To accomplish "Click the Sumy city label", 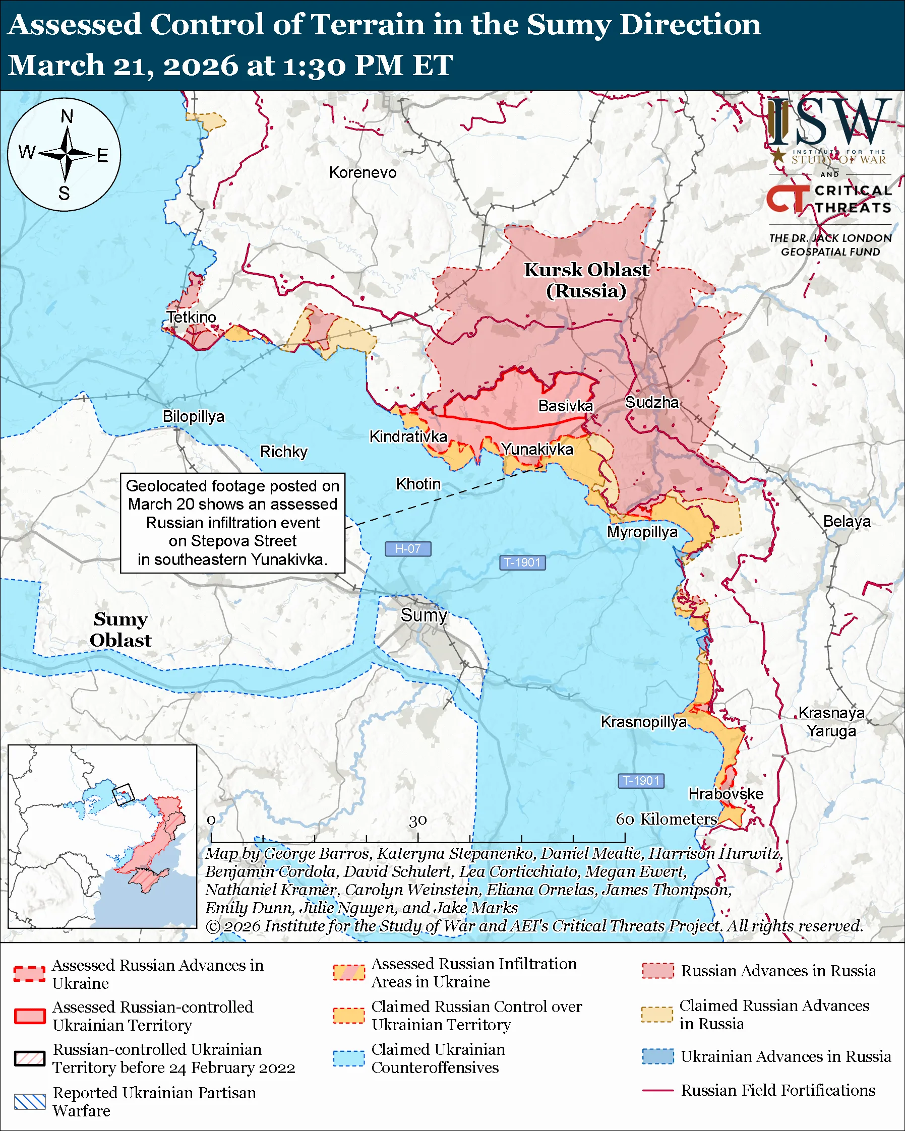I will pos(424,615).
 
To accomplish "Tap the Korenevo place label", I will pos(363,172).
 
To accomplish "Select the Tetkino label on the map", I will pos(192,318).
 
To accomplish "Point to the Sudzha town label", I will pos(651,402).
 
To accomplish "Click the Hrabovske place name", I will pos(726,794).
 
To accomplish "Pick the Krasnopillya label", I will pos(643,722).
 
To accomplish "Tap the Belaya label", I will pos(846,522).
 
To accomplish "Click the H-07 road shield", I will pos(408,549).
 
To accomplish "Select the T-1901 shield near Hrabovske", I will pos(641,781).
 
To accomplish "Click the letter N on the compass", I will pos(67,116).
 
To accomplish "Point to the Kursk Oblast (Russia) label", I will pos(586,280).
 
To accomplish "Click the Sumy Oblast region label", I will pos(120,630).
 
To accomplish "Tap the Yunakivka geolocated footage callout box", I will pos(232,523).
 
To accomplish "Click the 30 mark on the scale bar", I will pos(417,821).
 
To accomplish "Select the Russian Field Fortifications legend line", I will pos(657,1090).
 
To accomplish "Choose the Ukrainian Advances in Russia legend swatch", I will pos(657,1056).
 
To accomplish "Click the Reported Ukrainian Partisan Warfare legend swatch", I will pos(30,1102).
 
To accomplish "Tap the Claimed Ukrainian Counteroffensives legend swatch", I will pos(348,1058).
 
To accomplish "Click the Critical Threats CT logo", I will pos(787,199).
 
